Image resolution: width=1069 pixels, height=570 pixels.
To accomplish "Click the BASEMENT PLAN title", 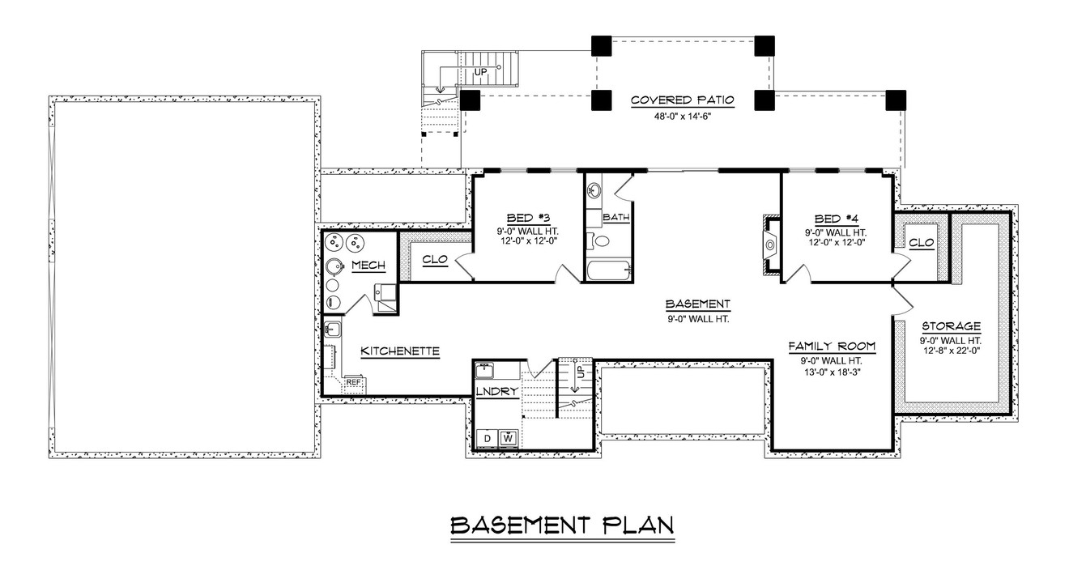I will pyautogui.click(x=562, y=525).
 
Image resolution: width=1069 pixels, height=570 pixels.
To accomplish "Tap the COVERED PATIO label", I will pyautogui.click(x=682, y=100).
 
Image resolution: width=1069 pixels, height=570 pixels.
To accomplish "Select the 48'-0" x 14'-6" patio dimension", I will pyautogui.click(x=682, y=115).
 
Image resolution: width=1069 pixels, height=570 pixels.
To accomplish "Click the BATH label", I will pyautogui.click(x=616, y=218).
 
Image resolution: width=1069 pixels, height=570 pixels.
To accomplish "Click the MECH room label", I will pyautogui.click(x=368, y=266).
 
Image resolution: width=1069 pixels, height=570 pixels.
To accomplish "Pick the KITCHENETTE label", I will pyautogui.click(x=399, y=351).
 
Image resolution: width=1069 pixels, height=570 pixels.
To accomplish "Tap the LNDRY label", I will pyautogui.click(x=497, y=391).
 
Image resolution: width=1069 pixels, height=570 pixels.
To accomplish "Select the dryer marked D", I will pyautogui.click(x=488, y=438).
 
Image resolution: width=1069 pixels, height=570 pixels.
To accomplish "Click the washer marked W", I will pyautogui.click(x=509, y=438).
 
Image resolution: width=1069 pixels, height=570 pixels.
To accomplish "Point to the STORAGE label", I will pyautogui.click(x=951, y=326).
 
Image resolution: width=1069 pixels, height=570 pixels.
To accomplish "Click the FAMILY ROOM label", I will pyautogui.click(x=832, y=347).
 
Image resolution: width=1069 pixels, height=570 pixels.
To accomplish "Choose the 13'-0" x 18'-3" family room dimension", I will pyautogui.click(x=832, y=373).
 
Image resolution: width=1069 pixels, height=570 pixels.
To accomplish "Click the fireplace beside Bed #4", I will pyautogui.click(x=770, y=243).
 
